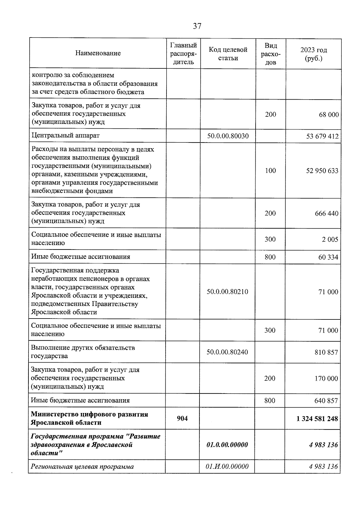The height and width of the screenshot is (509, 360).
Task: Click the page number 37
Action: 197,26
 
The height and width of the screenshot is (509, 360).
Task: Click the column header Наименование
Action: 98,53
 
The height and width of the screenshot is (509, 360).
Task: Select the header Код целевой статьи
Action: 228,54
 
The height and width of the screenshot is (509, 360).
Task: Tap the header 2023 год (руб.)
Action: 313,54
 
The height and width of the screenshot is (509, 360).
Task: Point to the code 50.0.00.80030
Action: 228,136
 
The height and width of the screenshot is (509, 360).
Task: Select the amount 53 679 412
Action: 322,137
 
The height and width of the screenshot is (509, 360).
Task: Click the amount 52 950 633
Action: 322,171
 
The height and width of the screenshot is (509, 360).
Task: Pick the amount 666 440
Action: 326,214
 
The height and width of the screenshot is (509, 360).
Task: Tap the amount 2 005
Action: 330,239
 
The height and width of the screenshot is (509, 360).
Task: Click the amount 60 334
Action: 328,257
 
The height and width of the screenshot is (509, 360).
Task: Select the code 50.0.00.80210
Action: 227,292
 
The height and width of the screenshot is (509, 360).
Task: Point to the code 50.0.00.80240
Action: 227,352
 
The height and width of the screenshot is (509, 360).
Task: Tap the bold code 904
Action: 182,418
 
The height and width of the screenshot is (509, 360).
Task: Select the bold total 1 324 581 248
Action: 317,418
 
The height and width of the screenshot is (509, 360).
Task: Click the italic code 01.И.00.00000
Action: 227,466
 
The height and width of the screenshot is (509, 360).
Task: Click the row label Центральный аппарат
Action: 65,136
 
